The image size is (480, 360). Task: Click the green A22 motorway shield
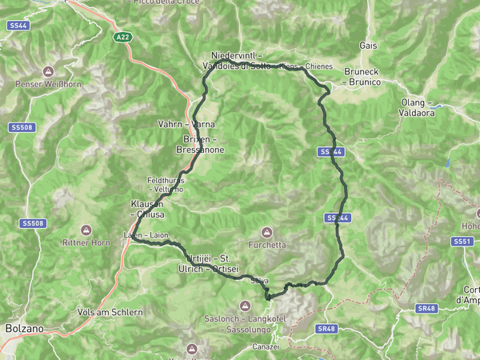point(122,37)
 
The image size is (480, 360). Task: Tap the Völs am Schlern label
point(110,311)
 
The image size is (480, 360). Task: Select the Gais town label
point(369,46)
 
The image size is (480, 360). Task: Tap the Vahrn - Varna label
point(186,125)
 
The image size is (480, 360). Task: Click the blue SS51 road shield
point(462,241)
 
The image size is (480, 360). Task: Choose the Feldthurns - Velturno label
point(167,185)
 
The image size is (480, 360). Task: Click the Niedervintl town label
point(234,54)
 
